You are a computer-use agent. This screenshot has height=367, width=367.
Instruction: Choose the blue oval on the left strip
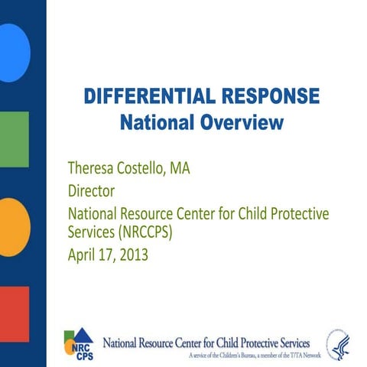point(14,52)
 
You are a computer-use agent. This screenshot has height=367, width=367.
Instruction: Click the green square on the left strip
point(14,139)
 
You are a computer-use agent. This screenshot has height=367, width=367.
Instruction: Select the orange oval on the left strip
point(14,226)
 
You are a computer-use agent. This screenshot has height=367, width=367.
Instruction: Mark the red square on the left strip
point(14,313)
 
